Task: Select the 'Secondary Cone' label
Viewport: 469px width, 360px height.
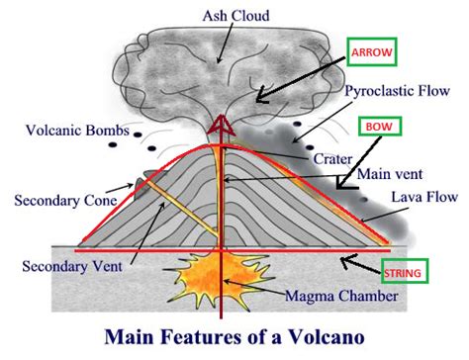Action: coord(62,202)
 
